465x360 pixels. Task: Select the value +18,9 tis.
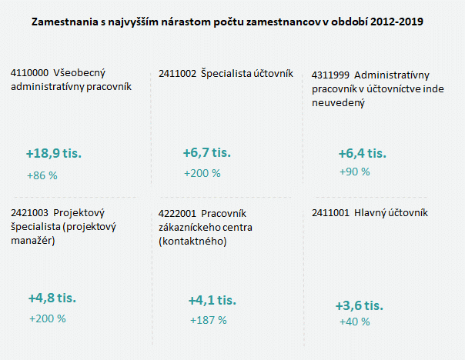click(x=54, y=154)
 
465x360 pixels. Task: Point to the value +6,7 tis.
click(x=207, y=152)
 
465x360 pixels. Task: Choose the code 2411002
click(x=176, y=74)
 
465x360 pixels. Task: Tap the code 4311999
click(x=331, y=75)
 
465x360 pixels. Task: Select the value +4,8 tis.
click(x=52, y=298)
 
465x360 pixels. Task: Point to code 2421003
click(x=29, y=213)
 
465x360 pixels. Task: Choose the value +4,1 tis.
click(x=212, y=300)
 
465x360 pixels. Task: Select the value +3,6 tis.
click(x=359, y=305)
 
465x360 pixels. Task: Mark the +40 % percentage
click(x=354, y=322)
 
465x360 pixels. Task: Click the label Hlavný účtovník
click(x=391, y=213)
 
